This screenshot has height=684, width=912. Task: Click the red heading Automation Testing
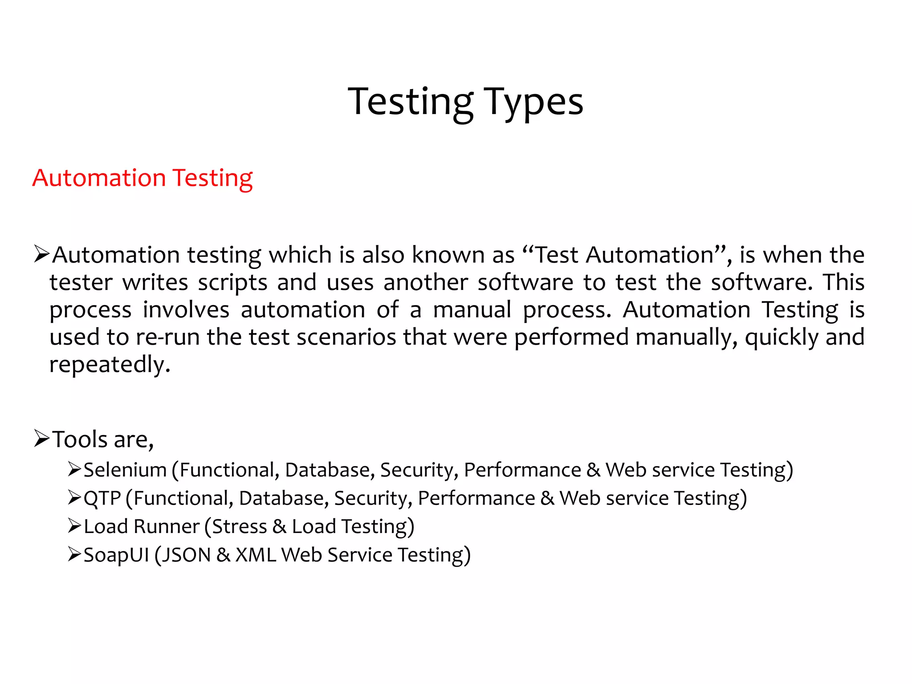click(x=142, y=178)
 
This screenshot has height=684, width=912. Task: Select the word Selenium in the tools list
click(x=125, y=470)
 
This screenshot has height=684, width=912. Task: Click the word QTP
click(x=102, y=498)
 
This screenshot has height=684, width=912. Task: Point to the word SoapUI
click(x=116, y=555)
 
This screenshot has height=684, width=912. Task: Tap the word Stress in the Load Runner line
click(x=239, y=526)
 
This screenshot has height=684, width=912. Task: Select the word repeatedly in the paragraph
click(x=110, y=365)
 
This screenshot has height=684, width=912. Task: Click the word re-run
click(x=167, y=337)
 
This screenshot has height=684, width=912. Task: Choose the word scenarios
click(x=346, y=337)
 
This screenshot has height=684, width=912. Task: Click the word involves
click(x=186, y=310)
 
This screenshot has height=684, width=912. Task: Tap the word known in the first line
click(x=448, y=255)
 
